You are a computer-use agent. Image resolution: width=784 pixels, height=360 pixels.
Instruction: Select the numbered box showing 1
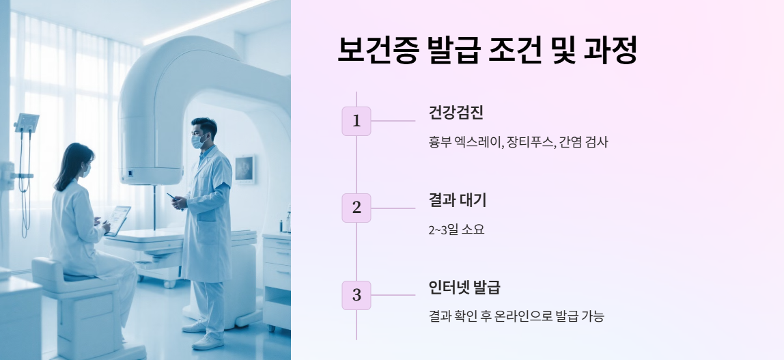pos(356,121)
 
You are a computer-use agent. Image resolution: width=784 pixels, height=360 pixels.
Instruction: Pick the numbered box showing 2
pos(356,208)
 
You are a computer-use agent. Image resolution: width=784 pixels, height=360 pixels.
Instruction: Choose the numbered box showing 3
pos(356,295)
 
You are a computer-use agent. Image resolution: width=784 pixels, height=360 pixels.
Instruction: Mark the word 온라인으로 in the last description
pos(530,316)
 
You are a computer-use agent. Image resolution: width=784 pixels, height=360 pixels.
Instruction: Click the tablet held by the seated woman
pos(117,220)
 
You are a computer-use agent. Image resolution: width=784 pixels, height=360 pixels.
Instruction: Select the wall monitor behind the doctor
pos(245,169)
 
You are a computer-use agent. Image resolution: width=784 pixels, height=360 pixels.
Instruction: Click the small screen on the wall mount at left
pos(27,123)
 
